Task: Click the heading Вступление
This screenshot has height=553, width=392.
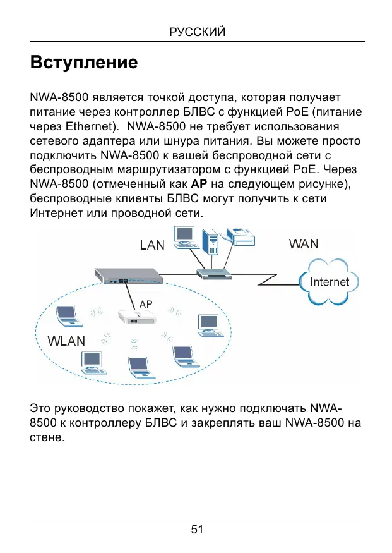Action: [x=84, y=63]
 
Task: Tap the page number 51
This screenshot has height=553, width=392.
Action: [x=197, y=530]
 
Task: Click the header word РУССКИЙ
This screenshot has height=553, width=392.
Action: [x=197, y=32]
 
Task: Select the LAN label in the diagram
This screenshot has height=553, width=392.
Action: [x=152, y=245]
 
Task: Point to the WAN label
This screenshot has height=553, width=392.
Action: [x=304, y=244]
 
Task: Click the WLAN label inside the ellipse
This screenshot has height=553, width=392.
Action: [x=66, y=341]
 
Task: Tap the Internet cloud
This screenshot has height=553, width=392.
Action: [x=329, y=282]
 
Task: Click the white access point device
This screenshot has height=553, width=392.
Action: [x=136, y=317]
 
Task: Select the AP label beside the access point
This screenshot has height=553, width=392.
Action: [x=146, y=304]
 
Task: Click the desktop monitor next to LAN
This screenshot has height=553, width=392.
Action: [x=184, y=237]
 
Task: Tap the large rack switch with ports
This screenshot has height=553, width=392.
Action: [x=129, y=276]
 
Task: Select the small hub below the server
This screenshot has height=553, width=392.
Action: [x=215, y=274]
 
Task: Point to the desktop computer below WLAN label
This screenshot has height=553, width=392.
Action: [x=93, y=363]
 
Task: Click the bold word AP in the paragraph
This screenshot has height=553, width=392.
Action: [x=199, y=184]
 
